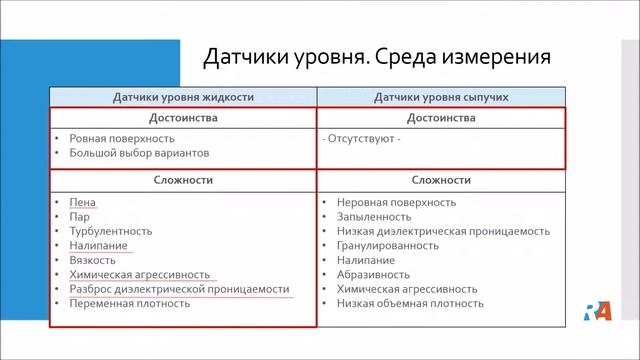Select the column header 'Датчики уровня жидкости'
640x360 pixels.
click(183, 97)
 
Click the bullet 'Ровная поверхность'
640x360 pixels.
click(121, 138)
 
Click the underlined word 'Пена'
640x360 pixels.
click(82, 201)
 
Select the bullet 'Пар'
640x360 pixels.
click(79, 216)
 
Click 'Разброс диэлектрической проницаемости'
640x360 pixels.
click(179, 288)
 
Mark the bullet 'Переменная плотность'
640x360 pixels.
click(129, 303)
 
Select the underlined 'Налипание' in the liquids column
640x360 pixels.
click(98, 245)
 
